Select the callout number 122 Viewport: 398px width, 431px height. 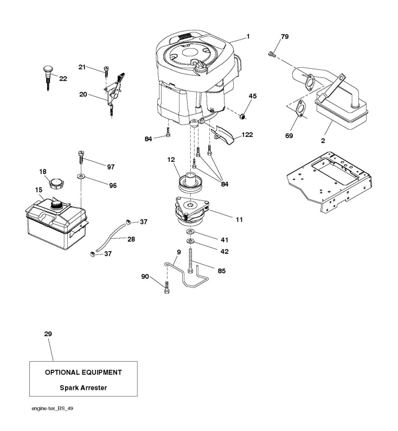click(247, 135)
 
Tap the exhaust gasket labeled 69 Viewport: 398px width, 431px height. click(300, 109)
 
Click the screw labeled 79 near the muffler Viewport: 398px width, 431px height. click(272, 54)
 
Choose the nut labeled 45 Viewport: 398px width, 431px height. click(242, 116)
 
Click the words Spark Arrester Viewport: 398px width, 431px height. click(84, 388)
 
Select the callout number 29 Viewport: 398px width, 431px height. click(48, 334)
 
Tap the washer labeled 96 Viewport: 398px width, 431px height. click(81, 175)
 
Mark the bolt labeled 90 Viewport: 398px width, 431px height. click(166, 287)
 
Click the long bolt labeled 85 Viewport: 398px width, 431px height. click(190, 260)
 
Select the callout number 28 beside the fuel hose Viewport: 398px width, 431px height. click(131, 239)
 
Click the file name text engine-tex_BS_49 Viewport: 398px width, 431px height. click(52, 408)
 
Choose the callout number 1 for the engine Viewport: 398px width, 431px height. click(248, 36)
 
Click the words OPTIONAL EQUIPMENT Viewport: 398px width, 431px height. click(84, 373)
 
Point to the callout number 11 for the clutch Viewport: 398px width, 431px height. click(239, 219)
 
